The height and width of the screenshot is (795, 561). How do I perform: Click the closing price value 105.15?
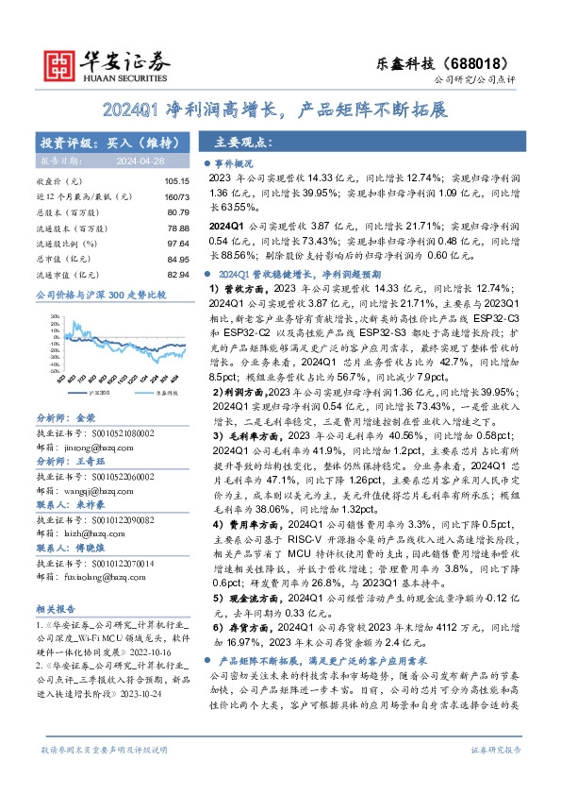(176, 180)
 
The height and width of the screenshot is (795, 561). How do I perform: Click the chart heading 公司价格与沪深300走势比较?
(100, 296)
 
